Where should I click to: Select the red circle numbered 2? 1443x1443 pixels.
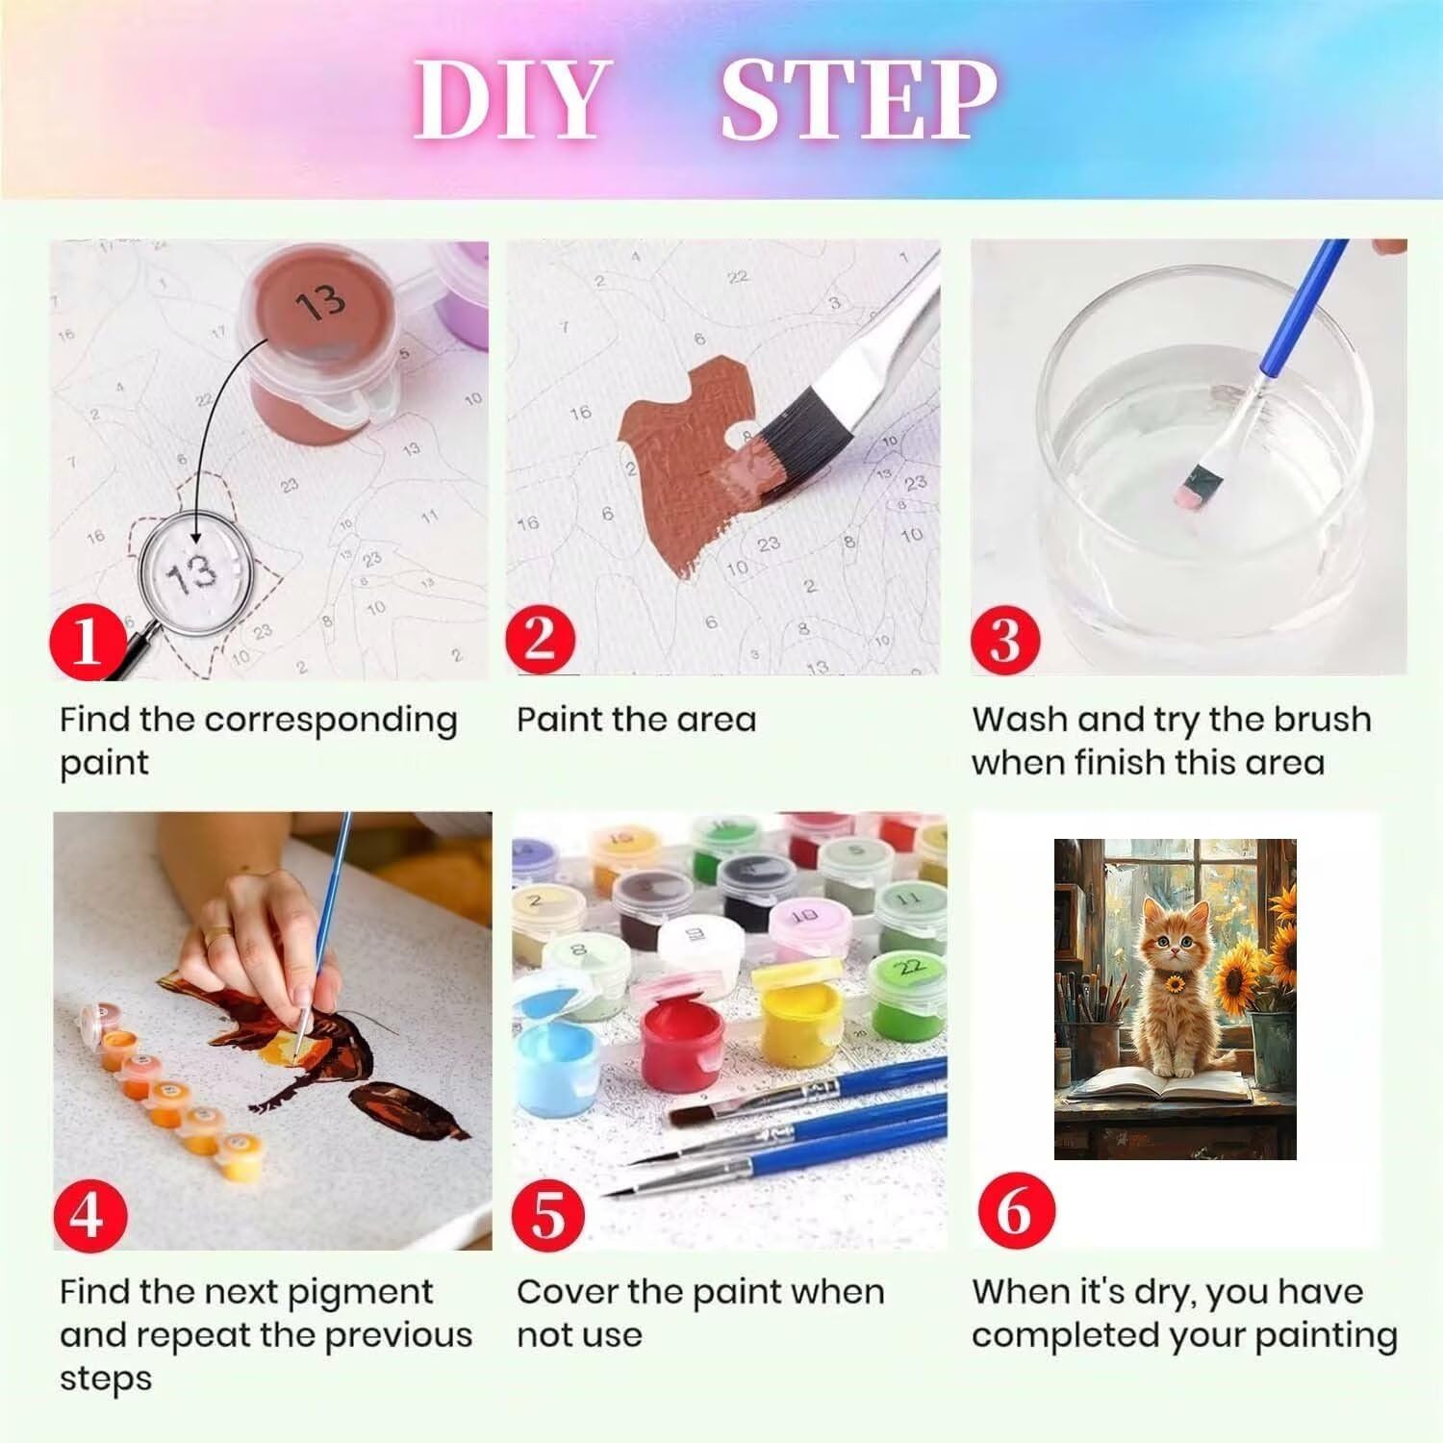click(541, 639)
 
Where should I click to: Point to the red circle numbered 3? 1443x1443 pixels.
click(1004, 639)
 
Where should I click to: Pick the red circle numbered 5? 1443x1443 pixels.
click(548, 1214)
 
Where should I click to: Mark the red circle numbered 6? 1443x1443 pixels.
click(1013, 1209)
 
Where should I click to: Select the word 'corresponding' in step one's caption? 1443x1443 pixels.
click(331, 721)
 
